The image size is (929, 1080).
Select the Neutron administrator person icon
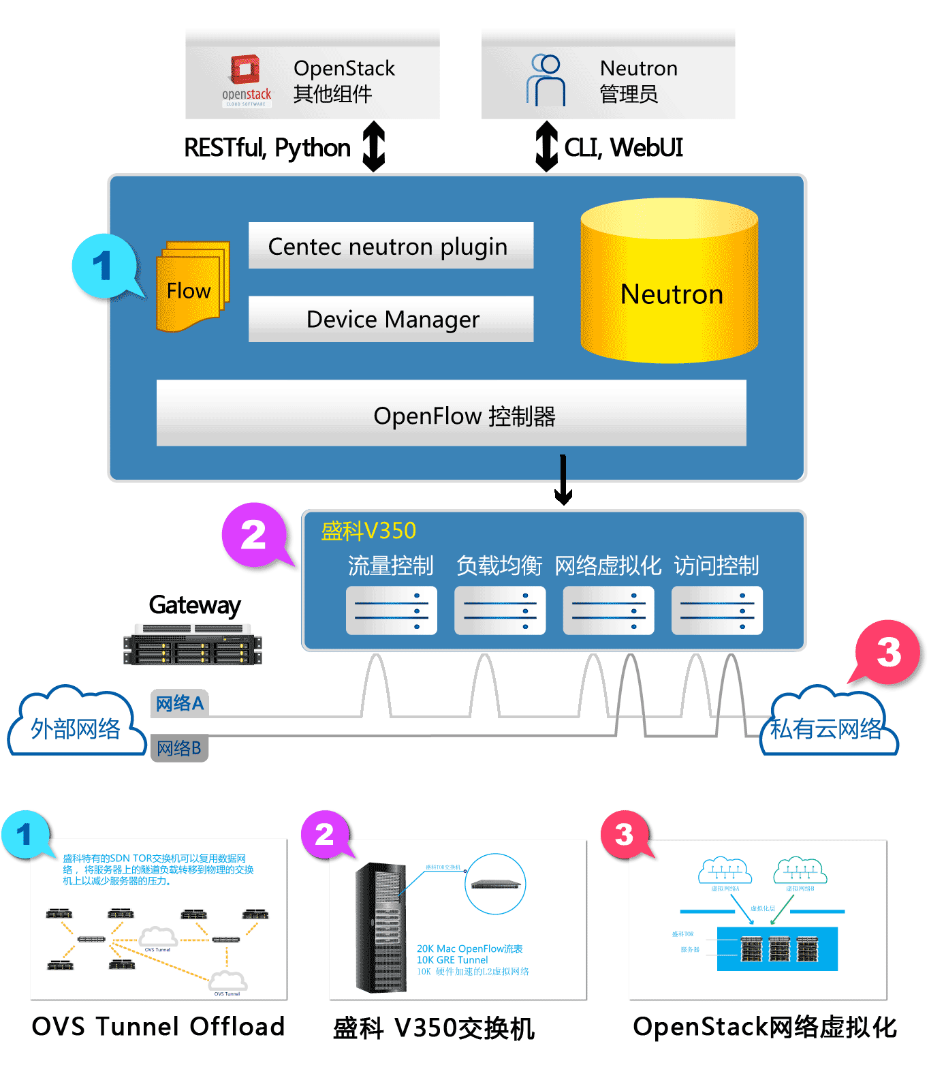point(546,80)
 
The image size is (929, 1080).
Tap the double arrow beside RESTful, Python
point(374,146)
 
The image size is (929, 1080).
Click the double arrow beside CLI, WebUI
point(546,146)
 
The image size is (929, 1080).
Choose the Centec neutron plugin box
point(390,246)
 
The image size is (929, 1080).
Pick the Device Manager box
point(390,319)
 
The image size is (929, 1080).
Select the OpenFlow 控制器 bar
point(451,414)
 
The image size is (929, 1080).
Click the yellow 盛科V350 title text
point(368,531)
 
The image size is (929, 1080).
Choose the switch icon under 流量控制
point(391,611)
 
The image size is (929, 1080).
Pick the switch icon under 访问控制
point(717,611)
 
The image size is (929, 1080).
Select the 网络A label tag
point(179,703)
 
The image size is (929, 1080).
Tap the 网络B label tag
point(179,748)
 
